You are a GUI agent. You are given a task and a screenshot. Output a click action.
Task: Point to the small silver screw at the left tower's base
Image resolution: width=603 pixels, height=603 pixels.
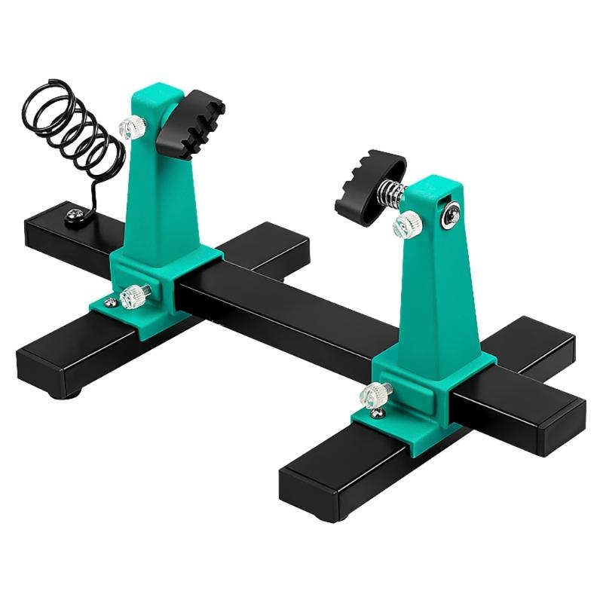tap(111, 303)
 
